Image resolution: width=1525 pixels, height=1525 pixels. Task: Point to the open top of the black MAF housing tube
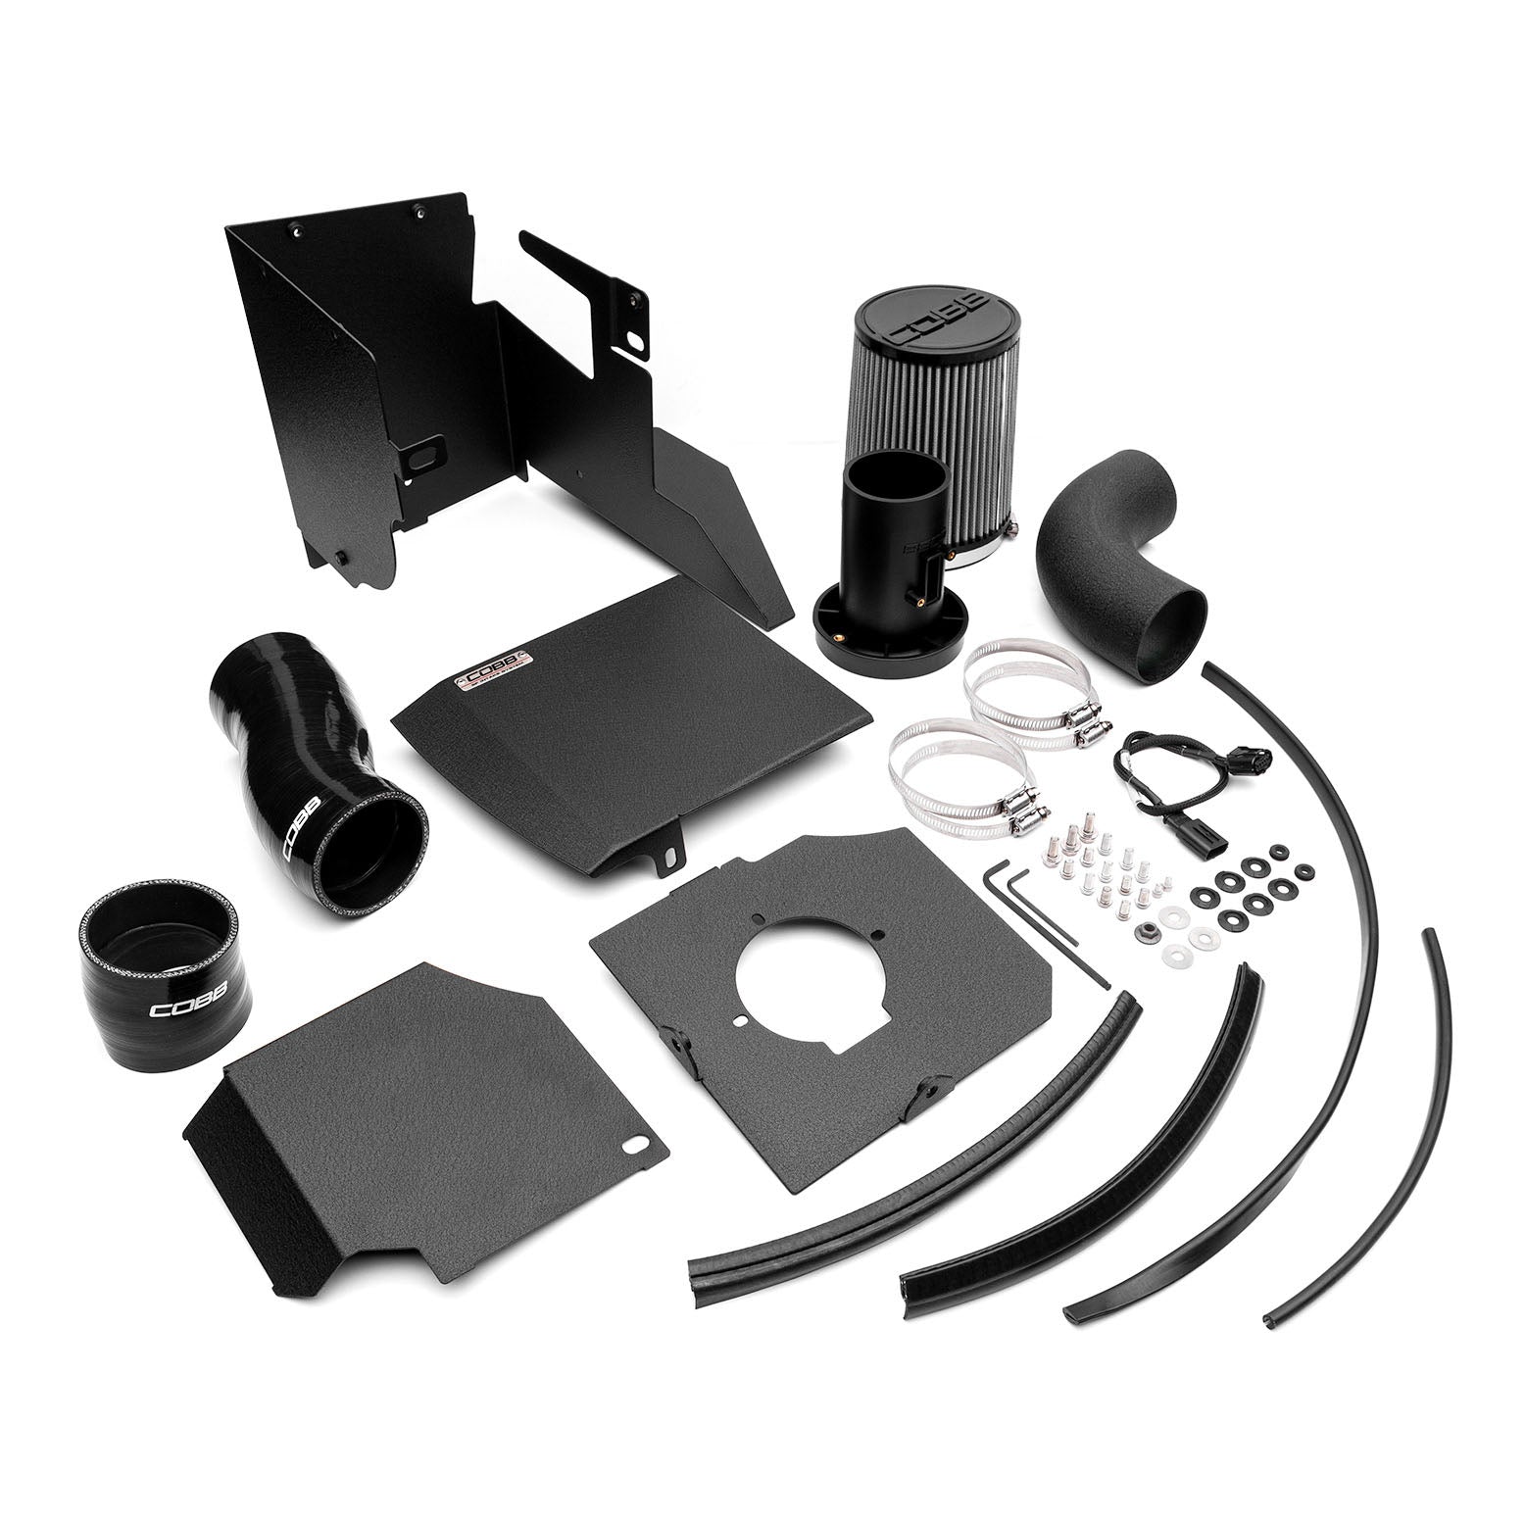[x=895, y=475]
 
